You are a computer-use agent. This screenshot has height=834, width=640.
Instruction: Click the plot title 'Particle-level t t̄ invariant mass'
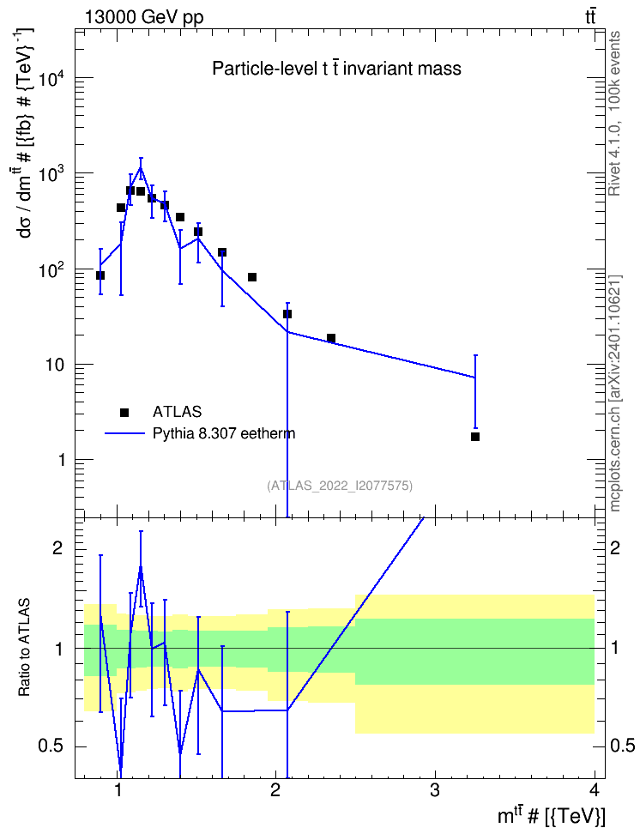tap(337, 69)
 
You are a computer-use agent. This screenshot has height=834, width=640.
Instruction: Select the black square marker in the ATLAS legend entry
tap(124, 412)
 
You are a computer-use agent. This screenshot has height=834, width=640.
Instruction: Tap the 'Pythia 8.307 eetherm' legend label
tap(224, 433)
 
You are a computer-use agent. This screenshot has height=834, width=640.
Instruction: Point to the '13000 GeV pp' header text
tap(144, 17)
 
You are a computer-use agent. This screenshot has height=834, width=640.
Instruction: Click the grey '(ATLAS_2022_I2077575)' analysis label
tap(340, 485)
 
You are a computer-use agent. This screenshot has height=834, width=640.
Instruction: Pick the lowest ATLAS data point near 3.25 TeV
tap(475, 437)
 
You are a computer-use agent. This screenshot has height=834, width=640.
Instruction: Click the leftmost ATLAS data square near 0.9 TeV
tap(100, 275)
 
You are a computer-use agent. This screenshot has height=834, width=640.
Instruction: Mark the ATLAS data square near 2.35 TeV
tap(331, 338)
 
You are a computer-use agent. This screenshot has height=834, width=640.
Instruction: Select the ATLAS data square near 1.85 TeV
tap(252, 277)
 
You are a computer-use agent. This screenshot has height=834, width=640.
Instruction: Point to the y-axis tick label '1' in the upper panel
tap(61, 460)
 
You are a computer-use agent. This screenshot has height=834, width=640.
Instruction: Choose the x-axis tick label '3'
tap(435, 790)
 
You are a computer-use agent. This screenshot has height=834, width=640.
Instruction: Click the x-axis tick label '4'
tap(594, 790)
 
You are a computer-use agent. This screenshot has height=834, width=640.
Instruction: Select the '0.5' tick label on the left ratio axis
tap(51, 746)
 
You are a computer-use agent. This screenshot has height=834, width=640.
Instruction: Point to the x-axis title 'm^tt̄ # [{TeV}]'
tap(551, 816)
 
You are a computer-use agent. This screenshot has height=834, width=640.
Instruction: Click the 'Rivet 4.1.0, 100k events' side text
tap(614, 113)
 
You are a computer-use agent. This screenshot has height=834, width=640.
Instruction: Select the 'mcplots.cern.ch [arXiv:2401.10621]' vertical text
tap(614, 393)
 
